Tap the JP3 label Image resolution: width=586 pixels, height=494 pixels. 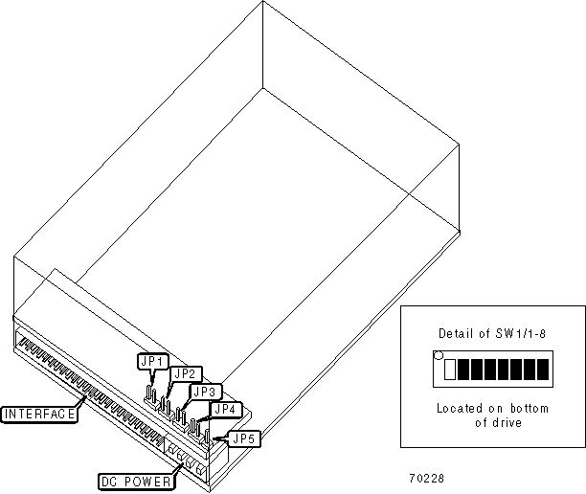pyautogui.click(x=206, y=391)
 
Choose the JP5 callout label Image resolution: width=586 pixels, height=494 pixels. pyautogui.click(x=244, y=438)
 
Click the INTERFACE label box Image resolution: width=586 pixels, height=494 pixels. pyautogui.click(x=38, y=415)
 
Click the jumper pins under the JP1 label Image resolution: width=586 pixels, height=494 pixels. pyautogui.click(x=150, y=393)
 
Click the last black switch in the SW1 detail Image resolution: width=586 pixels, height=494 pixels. pyautogui.click(x=543, y=369)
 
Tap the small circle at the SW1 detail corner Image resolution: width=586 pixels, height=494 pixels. pyautogui.click(x=439, y=356)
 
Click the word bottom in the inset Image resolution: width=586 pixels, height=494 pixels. pyautogui.click(x=530, y=408)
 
